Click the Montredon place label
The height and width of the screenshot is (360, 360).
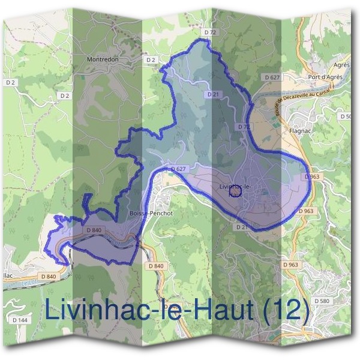tap(103, 60)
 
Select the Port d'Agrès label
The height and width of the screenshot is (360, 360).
tap(325, 77)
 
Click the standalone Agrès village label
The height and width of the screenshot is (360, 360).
tap(341, 65)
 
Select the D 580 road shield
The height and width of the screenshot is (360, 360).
tap(322, 301)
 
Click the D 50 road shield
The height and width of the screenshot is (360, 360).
tap(346, 116)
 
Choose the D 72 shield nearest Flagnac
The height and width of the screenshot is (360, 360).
tap(243, 127)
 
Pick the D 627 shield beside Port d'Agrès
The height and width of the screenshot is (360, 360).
tap(272, 77)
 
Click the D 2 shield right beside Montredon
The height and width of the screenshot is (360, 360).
tap(151, 60)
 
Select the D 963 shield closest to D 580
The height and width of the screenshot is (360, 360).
tap(290, 265)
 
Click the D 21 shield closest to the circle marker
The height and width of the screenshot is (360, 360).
tap(241, 227)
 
